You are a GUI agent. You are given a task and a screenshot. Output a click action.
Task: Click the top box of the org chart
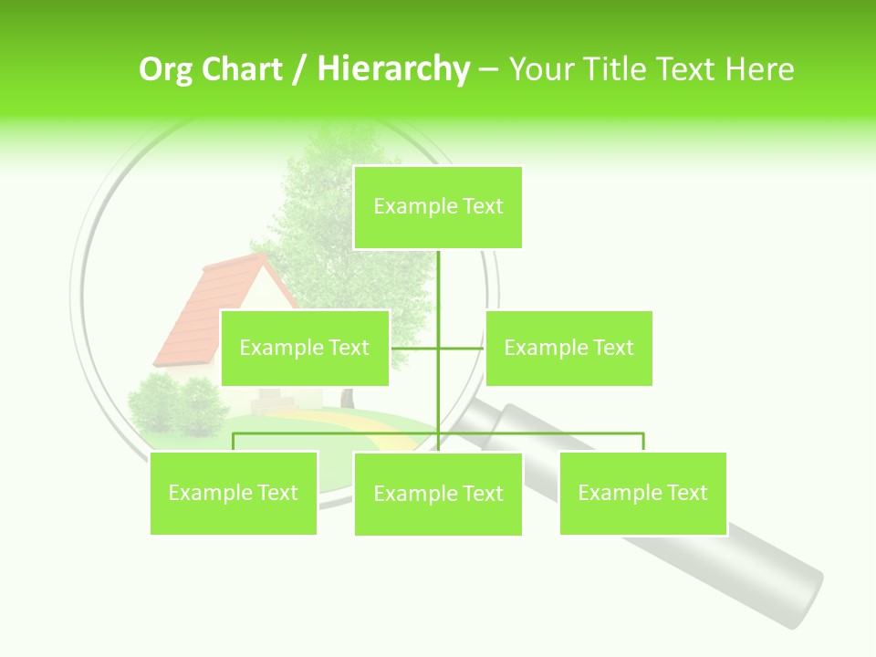438,207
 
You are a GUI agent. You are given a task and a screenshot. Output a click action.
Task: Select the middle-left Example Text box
305,348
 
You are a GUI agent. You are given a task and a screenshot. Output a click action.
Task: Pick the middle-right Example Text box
568,348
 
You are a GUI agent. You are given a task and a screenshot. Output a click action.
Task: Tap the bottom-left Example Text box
234,493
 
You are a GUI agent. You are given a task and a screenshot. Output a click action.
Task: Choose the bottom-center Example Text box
438,494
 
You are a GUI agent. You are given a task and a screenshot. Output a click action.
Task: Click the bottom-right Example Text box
642,493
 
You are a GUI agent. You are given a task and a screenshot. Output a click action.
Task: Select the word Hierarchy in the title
393,69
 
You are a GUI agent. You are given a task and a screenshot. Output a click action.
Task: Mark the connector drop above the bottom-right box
643,442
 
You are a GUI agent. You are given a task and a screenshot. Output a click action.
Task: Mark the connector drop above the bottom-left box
234,442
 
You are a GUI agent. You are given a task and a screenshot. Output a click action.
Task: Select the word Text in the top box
483,206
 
